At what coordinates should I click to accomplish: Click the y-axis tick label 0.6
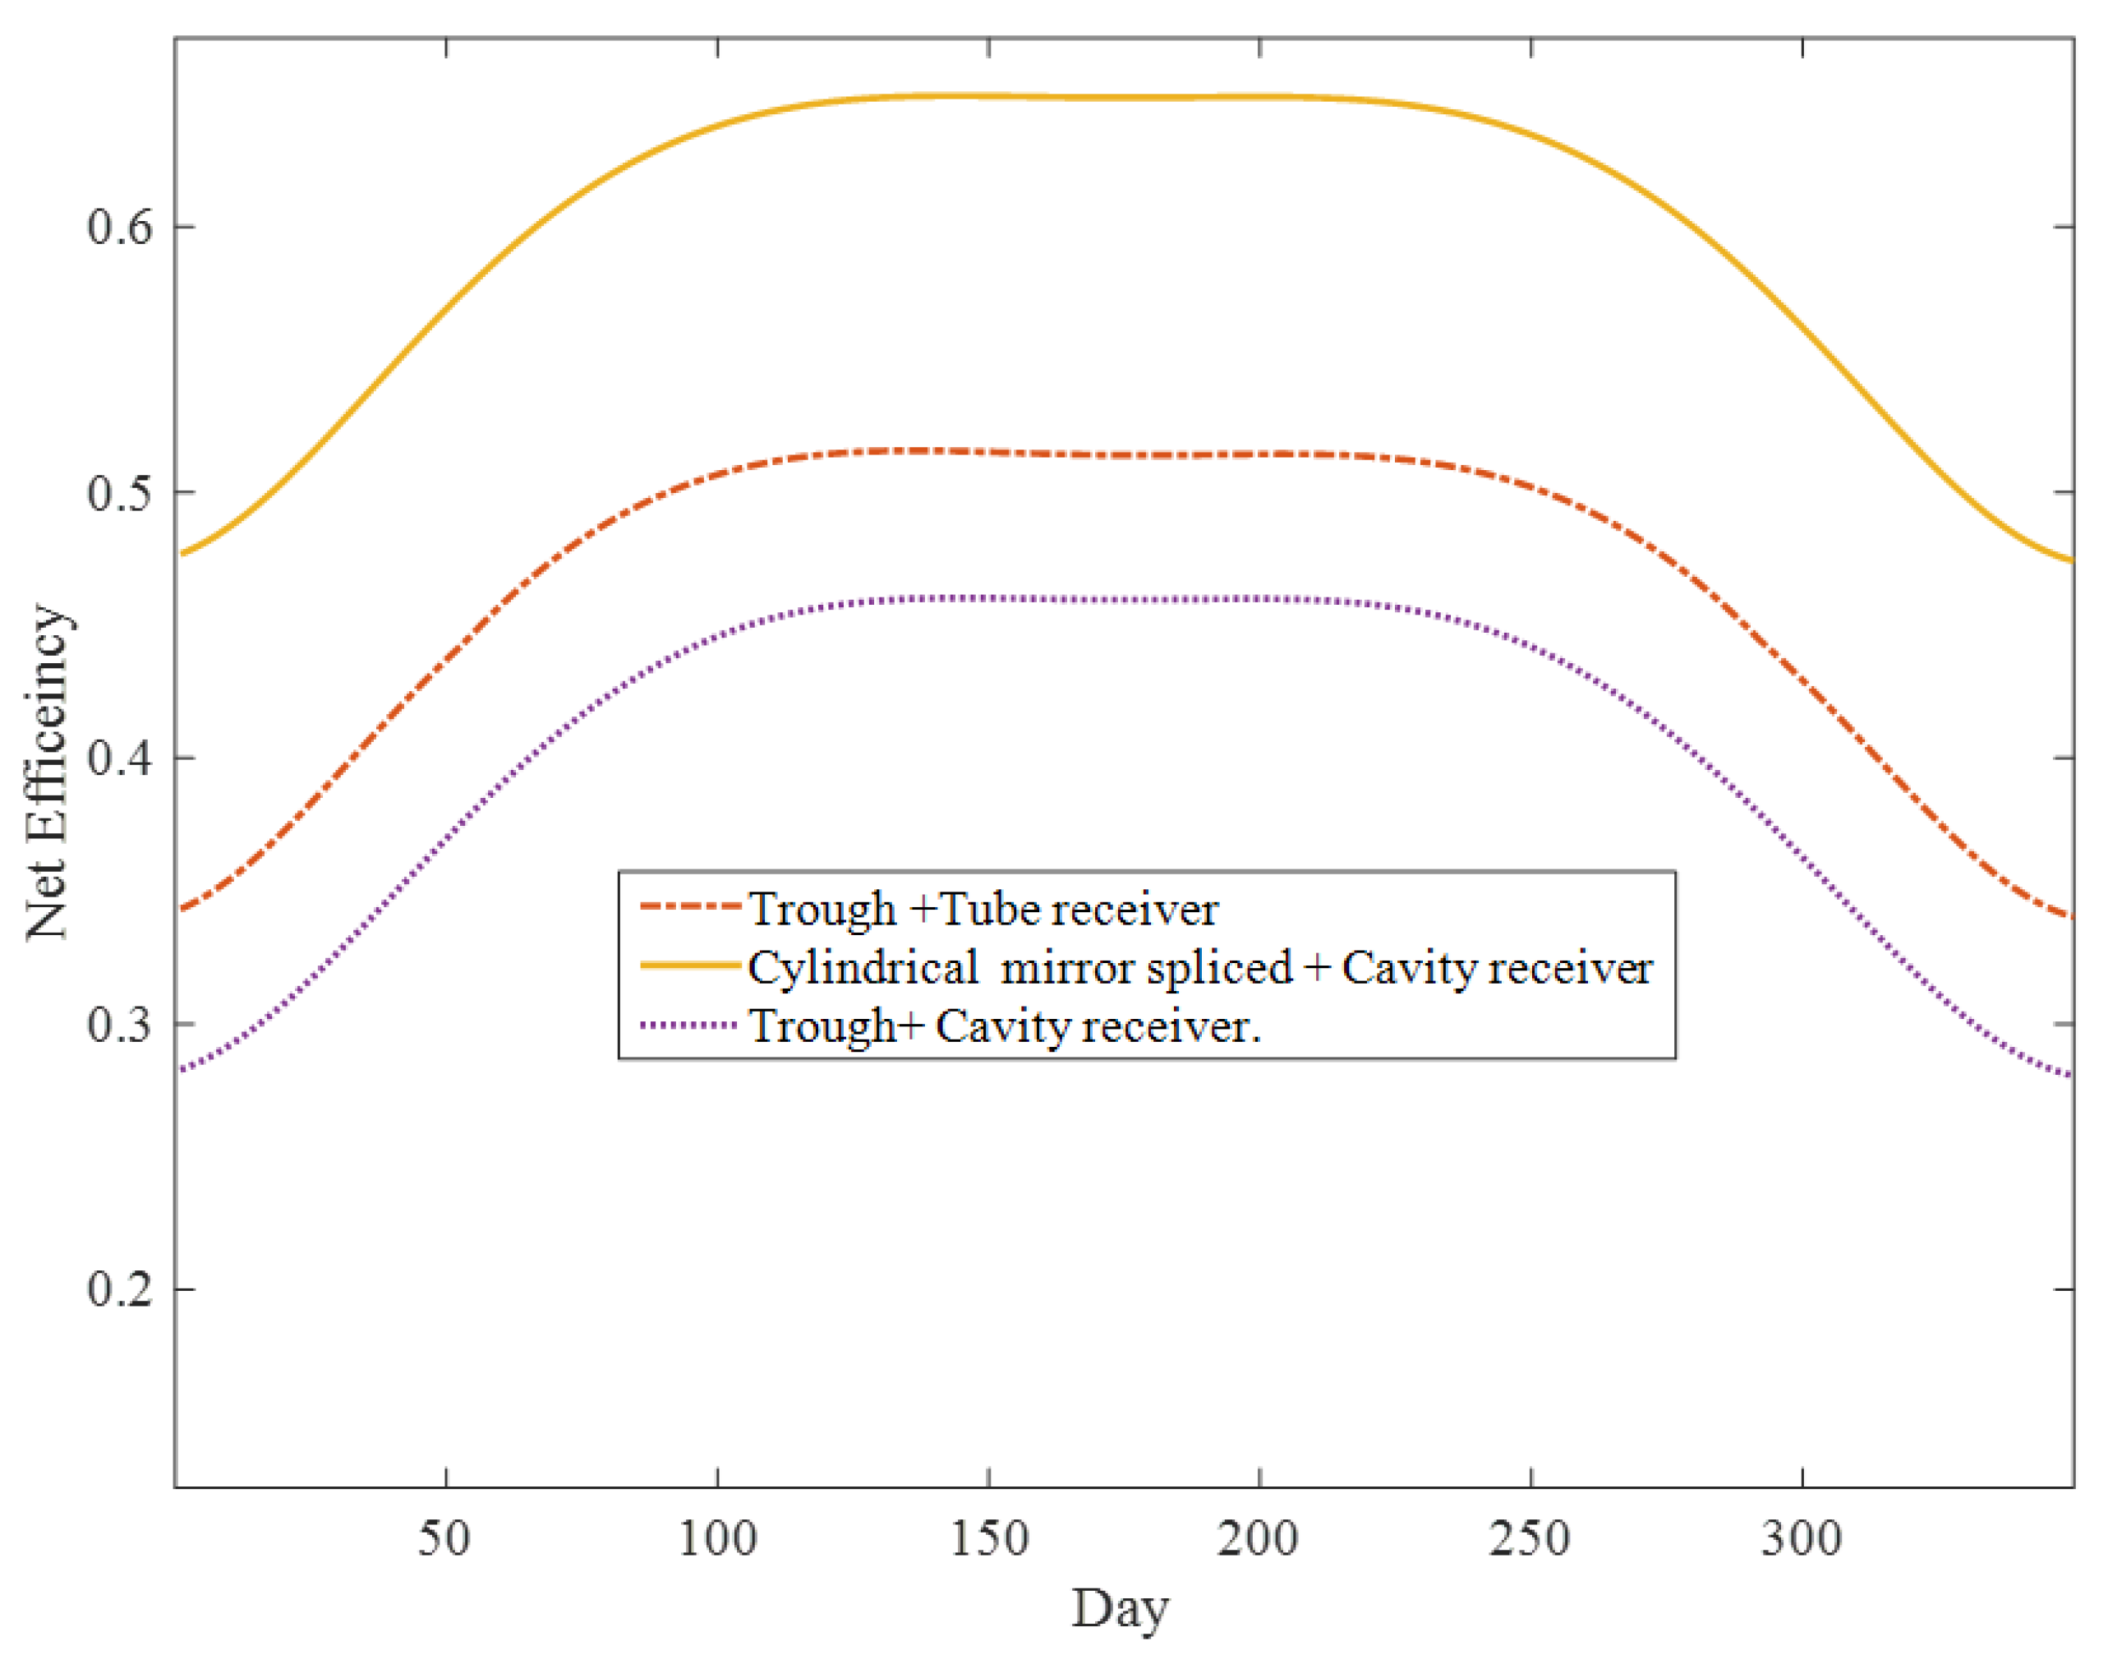(121, 227)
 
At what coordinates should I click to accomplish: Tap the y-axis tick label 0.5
(121, 493)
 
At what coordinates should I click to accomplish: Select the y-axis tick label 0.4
(121, 758)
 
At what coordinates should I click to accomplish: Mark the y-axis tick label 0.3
(121, 1024)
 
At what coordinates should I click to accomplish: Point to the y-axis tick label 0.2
(121, 1289)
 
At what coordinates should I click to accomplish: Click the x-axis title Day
(1121, 1610)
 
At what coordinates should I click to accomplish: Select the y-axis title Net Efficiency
(47, 772)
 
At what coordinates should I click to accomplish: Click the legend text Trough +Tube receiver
(983, 909)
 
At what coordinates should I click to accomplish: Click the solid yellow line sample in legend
(688, 966)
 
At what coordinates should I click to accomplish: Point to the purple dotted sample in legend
(688, 1025)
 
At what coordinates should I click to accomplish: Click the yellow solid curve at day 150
(989, 95)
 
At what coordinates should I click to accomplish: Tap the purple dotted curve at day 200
(1259, 598)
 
